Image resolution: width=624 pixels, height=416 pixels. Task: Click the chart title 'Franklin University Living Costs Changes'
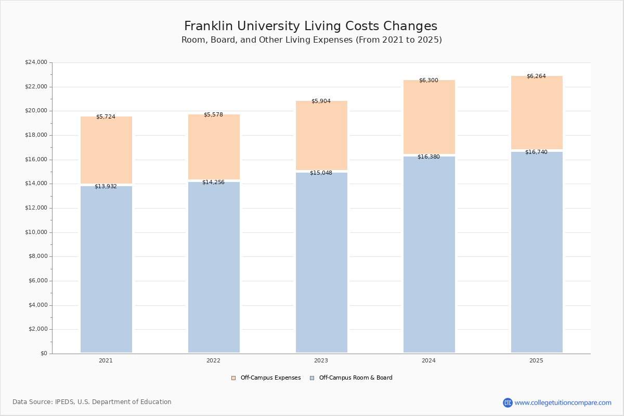point(310,27)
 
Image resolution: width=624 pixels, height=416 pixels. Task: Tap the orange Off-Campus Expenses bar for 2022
point(214,148)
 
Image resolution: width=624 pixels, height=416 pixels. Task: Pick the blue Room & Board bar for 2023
point(321,263)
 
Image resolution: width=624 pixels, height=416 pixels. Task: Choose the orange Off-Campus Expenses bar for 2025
point(537,114)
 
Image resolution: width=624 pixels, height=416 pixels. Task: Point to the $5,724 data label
point(106,117)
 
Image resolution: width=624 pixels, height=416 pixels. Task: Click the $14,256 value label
point(213,183)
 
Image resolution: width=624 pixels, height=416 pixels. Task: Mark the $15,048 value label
point(321,173)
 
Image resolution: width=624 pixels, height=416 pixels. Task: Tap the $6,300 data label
point(428,81)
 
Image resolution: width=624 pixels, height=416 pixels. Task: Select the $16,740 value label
point(536,152)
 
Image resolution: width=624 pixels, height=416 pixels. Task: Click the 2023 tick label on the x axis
point(321,361)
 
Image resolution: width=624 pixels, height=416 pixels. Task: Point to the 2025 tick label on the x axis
point(536,361)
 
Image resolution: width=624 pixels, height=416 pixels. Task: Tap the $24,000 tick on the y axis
point(36,62)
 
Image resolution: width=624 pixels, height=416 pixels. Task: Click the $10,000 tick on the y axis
point(36,232)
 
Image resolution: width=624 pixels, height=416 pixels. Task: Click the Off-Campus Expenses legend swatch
point(233,378)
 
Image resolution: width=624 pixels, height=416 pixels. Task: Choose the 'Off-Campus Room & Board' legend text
point(356,378)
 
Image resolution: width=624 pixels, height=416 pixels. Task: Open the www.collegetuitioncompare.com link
point(563,403)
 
